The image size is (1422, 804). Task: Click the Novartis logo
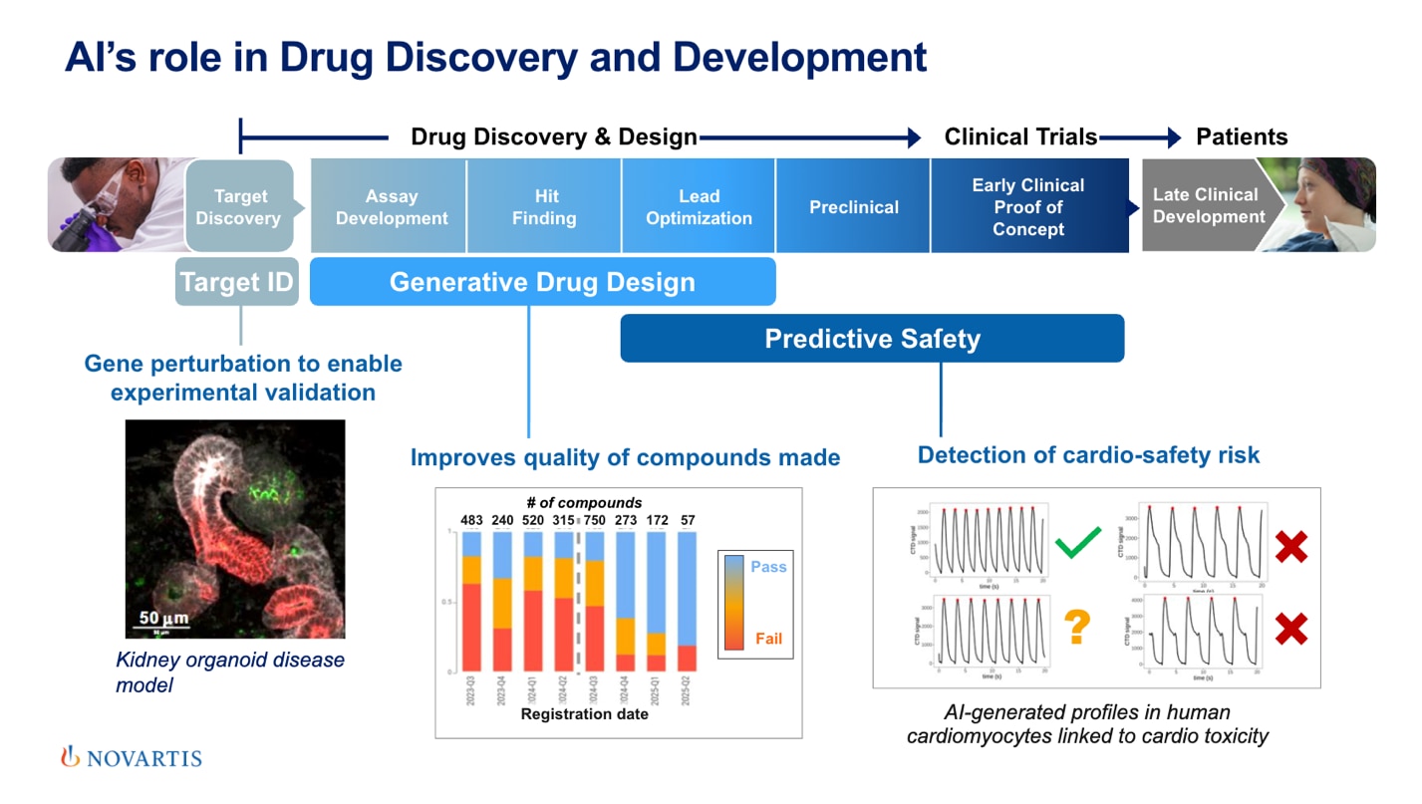coord(131,758)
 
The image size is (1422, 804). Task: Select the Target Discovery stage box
coord(239,207)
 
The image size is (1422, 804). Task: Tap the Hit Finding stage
coord(544,207)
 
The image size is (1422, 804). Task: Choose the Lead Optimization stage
coord(699,207)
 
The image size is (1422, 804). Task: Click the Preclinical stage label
coord(853,207)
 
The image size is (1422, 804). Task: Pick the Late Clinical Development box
coord(1207,205)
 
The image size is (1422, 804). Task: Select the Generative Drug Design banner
coord(542,282)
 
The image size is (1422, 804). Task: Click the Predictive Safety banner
coord(872,339)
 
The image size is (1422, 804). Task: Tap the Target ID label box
coord(237,282)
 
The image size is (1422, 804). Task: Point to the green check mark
coord(1076,543)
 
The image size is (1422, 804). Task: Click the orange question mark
coord(1076,627)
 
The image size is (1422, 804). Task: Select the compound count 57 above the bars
coord(687,520)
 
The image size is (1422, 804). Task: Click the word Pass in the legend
coord(768,566)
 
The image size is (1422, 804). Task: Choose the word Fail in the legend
coord(768,639)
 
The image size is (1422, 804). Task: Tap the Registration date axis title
coord(584,714)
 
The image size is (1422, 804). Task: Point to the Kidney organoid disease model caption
coord(230,672)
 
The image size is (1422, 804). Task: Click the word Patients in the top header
coord(1242,136)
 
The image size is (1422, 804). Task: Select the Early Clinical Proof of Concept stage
coord(1028,207)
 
